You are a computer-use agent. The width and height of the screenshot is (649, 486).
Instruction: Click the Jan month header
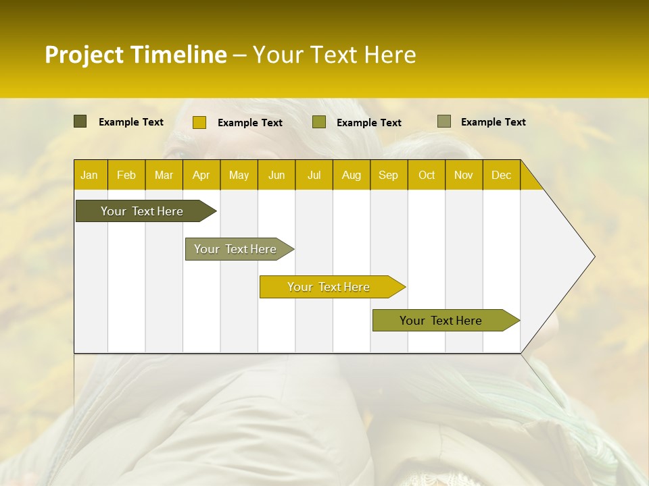[x=89, y=175]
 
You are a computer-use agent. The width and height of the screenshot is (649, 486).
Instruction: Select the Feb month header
[x=126, y=175]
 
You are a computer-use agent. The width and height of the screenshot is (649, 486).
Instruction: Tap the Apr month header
[x=201, y=175]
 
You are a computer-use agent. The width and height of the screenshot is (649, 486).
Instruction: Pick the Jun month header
[x=277, y=175]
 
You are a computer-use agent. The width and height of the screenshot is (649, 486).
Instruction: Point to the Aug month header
[x=351, y=175]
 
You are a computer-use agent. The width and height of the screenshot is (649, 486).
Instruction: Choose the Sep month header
[x=388, y=175]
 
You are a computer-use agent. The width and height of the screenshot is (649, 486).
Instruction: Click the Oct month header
[x=427, y=175]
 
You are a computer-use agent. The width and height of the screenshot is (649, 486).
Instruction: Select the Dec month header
[x=501, y=175]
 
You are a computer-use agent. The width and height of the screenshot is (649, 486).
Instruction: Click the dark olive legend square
[x=80, y=122]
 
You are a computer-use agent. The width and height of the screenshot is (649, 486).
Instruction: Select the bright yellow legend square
[x=199, y=122]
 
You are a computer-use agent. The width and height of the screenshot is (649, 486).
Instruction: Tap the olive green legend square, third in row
[x=319, y=122]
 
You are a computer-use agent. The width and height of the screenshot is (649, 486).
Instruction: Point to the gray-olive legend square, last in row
[x=443, y=122]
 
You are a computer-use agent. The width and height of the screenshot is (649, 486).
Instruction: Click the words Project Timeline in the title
[x=135, y=55]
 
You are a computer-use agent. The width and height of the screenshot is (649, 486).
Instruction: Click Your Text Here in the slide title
[x=334, y=55]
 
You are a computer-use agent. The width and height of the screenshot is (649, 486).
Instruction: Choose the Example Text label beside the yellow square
[x=249, y=123]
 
